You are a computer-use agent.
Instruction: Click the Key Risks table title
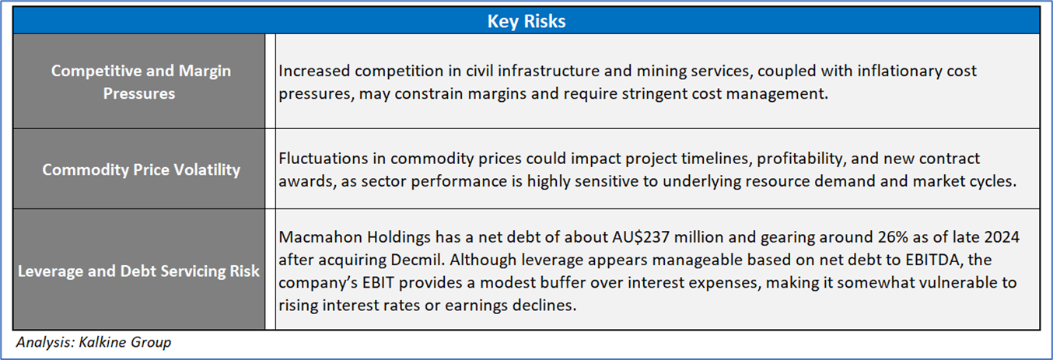coord(526,21)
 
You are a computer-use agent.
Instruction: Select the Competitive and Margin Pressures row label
coord(141,82)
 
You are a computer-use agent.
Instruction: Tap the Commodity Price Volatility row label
coord(141,170)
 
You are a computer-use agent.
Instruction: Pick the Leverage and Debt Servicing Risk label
coord(138,271)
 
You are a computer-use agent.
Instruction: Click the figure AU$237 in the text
coord(640,237)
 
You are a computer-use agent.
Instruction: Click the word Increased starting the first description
coord(314,71)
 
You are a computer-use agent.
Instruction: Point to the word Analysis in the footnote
coord(46,342)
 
